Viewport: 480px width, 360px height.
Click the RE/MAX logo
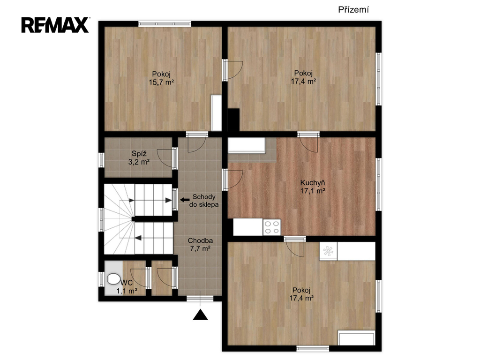click(x=55, y=25)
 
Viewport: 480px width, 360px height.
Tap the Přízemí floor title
click(x=353, y=10)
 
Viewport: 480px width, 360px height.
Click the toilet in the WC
click(x=113, y=279)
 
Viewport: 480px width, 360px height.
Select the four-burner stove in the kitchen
click(x=272, y=227)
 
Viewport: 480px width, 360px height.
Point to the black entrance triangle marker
click(x=200, y=315)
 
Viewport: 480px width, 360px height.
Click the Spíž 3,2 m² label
click(x=139, y=157)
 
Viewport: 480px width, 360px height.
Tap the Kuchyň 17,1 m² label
click(x=313, y=187)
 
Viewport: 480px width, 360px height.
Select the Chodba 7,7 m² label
click(x=200, y=245)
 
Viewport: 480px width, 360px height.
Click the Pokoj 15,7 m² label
click(x=161, y=78)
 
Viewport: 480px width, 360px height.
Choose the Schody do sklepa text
click(x=204, y=201)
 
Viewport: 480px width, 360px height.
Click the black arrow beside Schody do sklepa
click(x=185, y=200)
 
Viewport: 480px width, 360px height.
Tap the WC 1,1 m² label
click(x=127, y=287)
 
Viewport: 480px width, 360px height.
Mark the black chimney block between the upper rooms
click(x=233, y=120)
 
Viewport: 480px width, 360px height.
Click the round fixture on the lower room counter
click(x=328, y=251)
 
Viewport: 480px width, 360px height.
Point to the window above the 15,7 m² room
click(x=165, y=23)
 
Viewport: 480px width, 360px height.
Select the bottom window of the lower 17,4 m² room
click(x=313, y=348)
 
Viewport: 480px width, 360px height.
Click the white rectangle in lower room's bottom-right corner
click(x=356, y=337)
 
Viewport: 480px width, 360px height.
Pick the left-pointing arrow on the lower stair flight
click(x=138, y=238)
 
